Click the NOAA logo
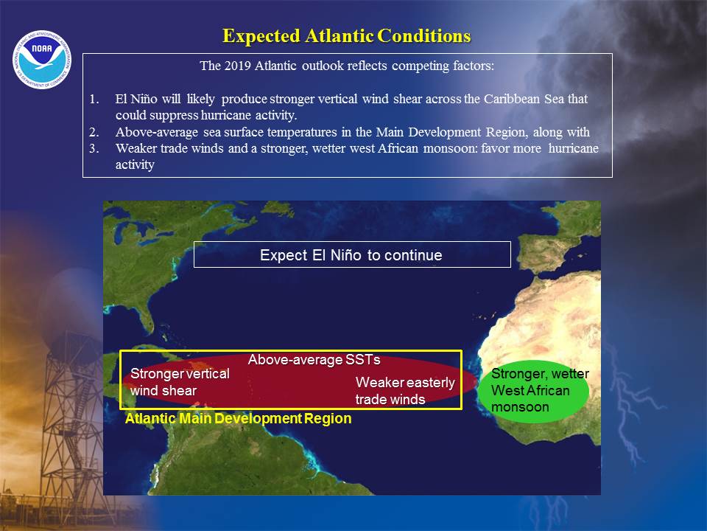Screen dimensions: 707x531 coord(42,59)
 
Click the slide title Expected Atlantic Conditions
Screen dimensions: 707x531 coord(347,36)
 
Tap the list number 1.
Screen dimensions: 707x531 coord(94,99)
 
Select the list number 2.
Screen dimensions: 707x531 coord(94,132)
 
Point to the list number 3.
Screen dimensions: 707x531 coord(94,148)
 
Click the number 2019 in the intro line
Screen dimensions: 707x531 coord(237,66)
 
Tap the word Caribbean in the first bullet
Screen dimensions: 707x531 coord(512,99)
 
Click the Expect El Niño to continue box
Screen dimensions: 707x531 coord(352,254)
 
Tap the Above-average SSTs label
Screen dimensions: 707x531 coord(314,360)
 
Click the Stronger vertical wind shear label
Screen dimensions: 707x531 coord(180,382)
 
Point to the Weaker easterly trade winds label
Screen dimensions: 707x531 coord(405,391)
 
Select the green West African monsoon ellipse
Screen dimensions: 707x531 coord(533,391)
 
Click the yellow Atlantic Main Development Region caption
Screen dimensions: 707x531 coord(238,419)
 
